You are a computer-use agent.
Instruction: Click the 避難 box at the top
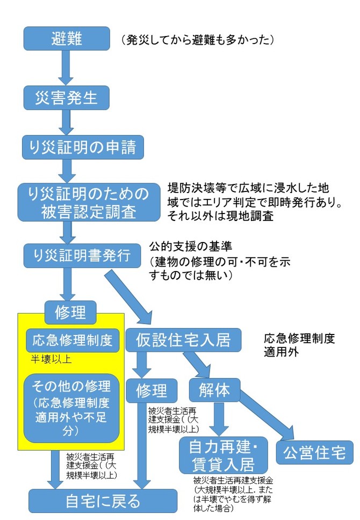tap(66, 39)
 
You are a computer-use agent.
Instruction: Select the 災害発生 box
tap(67, 98)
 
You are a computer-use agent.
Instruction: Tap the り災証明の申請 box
tap(83, 147)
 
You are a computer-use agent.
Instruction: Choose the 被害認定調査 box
tap(89, 202)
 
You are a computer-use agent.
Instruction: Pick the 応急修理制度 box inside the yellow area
tap(72, 340)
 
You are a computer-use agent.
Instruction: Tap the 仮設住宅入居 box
tap(183, 340)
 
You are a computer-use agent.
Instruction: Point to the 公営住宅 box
tap(315, 453)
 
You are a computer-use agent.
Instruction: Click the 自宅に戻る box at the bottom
tap(103, 501)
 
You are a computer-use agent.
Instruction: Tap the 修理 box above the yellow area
tap(70, 310)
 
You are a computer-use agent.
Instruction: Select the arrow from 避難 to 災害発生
tap(65, 69)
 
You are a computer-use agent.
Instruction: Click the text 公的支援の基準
tap(190, 247)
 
